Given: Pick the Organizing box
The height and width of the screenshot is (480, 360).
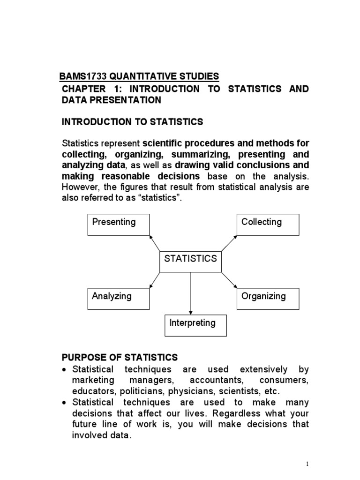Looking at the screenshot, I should pos(268,299).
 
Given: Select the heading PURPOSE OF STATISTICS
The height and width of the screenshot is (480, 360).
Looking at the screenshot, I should pos(120,358).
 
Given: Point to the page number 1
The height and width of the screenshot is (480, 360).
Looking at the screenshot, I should pos(307,464).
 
